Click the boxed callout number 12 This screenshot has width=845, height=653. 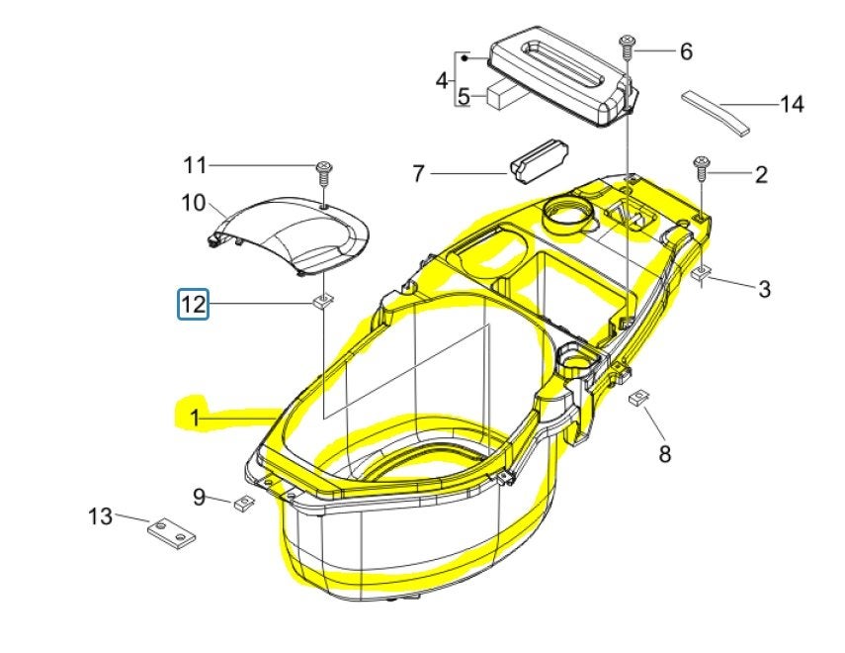point(194,304)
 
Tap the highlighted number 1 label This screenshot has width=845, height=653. point(195,418)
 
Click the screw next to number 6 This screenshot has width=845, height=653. point(627,46)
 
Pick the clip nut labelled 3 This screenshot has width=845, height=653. point(700,274)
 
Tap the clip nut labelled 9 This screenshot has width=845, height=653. point(244,503)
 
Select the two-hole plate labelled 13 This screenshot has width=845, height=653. point(171,533)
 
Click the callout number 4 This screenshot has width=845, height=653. point(442,81)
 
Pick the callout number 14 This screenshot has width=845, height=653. point(792,104)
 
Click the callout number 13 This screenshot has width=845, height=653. point(100,516)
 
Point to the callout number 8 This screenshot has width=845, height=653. point(665,454)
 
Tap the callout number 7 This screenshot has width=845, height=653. point(419,174)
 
